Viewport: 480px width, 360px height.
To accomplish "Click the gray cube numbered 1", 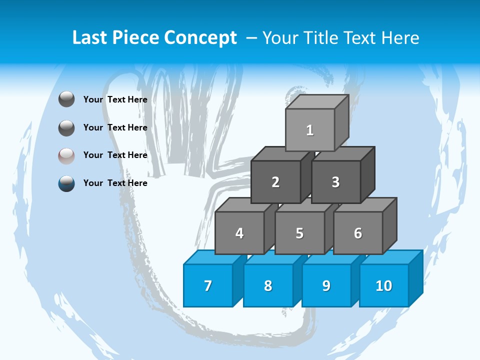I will [310, 130].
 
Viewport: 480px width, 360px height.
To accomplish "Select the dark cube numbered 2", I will [275, 182].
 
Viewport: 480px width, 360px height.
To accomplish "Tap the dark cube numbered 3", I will [335, 182].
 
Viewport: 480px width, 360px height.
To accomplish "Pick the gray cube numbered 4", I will [239, 233].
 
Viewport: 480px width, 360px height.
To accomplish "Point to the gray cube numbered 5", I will [299, 233].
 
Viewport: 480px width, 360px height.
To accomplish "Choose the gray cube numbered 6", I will [358, 233].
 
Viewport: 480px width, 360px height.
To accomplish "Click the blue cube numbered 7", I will [208, 285].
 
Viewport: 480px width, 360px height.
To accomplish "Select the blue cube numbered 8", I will [268, 285].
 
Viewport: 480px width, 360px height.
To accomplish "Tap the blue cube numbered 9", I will [326, 285].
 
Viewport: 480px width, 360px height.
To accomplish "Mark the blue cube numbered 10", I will [384, 285].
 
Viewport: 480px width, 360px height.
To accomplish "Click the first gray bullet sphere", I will [66, 99].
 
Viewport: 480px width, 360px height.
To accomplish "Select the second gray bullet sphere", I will [66, 127].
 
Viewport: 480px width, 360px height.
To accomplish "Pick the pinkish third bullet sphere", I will [66, 155].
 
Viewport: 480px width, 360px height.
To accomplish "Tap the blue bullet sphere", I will [66, 183].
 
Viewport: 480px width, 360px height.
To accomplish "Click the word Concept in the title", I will [200, 38].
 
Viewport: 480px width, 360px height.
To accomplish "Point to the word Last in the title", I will [90, 38].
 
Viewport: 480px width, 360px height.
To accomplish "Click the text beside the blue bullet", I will [115, 183].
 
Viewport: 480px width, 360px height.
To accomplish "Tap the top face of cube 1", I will [317, 102].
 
